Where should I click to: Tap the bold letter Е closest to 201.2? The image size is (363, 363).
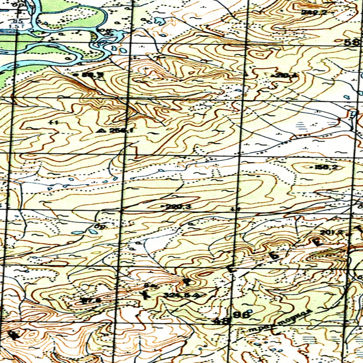click(x=317, y=242)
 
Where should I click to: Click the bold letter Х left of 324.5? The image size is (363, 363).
click(x=146, y=294)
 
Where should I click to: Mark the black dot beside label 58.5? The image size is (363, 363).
click(x=77, y=75)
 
